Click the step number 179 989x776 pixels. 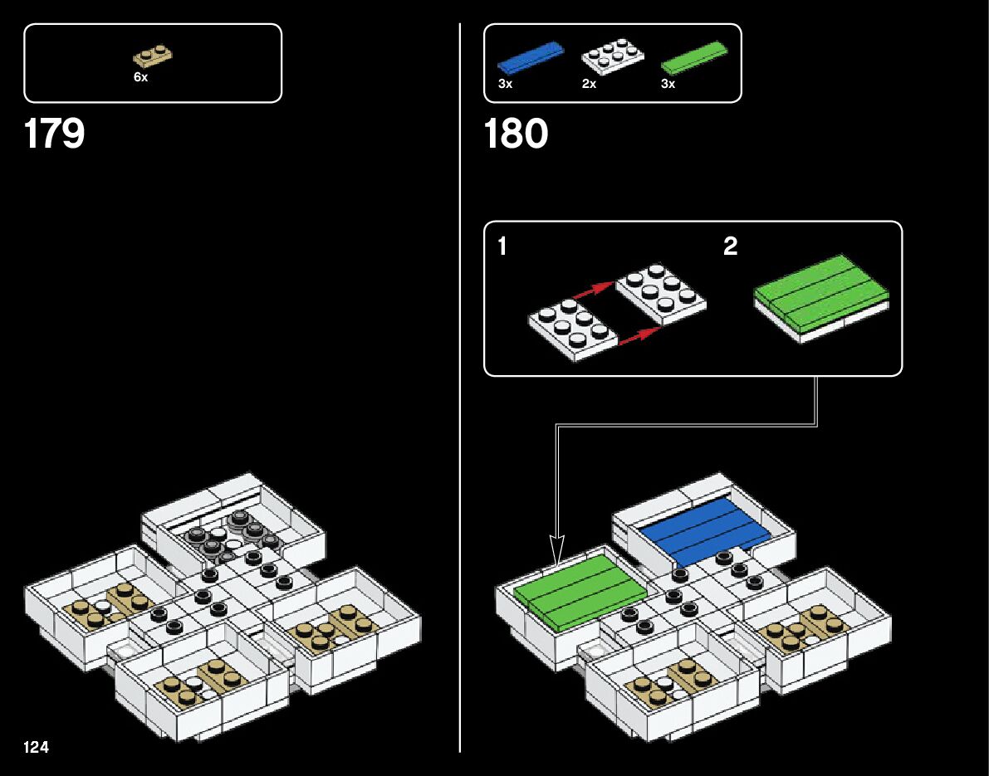[55, 134]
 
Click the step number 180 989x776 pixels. [516, 134]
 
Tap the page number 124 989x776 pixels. [37, 748]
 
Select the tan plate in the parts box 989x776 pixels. [154, 56]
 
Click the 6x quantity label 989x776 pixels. [140, 77]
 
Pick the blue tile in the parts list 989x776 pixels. [531, 58]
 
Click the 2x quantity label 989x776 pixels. [590, 84]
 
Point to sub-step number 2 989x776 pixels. [730, 246]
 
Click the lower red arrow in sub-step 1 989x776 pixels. [639, 335]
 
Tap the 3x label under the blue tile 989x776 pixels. [505, 84]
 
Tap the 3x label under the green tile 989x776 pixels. [668, 84]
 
